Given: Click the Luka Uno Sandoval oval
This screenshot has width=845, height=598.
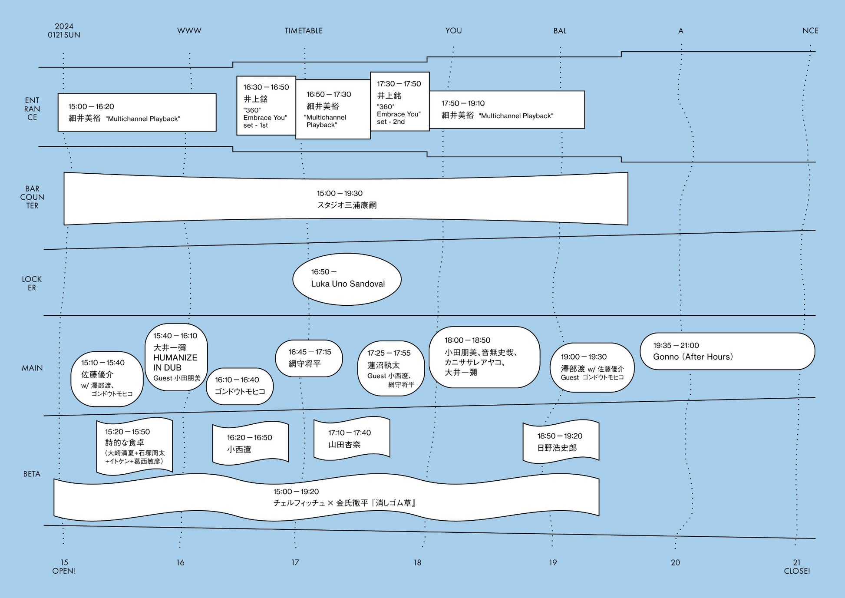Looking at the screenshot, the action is pyautogui.click(x=347, y=279).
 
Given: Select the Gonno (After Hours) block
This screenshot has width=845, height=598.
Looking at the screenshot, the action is pyautogui.click(x=727, y=351).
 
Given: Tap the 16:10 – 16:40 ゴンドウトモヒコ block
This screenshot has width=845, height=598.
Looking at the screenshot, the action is pyautogui.click(x=240, y=386).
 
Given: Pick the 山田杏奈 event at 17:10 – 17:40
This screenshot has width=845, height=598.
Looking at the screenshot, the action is pyautogui.click(x=352, y=439).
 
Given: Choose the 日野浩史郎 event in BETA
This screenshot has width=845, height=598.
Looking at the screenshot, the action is pyautogui.click(x=561, y=442).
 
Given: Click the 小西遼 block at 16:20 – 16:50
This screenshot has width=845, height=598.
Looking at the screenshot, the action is pyautogui.click(x=251, y=443).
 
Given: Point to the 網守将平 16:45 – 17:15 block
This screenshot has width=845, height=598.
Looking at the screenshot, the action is pyautogui.click(x=309, y=358).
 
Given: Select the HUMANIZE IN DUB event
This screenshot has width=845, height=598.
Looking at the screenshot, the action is pyautogui.click(x=176, y=357).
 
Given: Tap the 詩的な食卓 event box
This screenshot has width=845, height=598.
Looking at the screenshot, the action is pyautogui.click(x=135, y=446).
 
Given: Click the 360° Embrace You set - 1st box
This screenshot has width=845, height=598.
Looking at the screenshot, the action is pyautogui.click(x=266, y=106).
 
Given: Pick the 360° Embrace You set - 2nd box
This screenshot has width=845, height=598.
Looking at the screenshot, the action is pyautogui.click(x=400, y=102).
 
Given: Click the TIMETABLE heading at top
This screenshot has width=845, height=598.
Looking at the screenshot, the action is pyautogui.click(x=304, y=31).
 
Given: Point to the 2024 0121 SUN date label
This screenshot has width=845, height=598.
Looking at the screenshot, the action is pyautogui.click(x=64, y=31).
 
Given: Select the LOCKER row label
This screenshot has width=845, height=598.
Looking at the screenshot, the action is pyautogui.click(x=32, y=283).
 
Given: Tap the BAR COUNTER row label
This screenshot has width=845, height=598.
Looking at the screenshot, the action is pyautogui.click(x=32, y=197).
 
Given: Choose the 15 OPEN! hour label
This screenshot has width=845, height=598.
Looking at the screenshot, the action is pyautogui.click(x=64, y=567).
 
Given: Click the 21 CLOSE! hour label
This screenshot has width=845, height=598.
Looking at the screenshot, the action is pyautogui.click(x=797, y=567).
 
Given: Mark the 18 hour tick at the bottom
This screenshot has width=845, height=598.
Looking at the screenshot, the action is pyautogui.click(x=417, y=562).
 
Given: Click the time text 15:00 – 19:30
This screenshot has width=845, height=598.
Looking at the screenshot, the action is pyautogui.click(x=340, y=193).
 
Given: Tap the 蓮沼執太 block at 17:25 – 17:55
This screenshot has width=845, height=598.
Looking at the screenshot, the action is pyautogui.click(x=391, y=368).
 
